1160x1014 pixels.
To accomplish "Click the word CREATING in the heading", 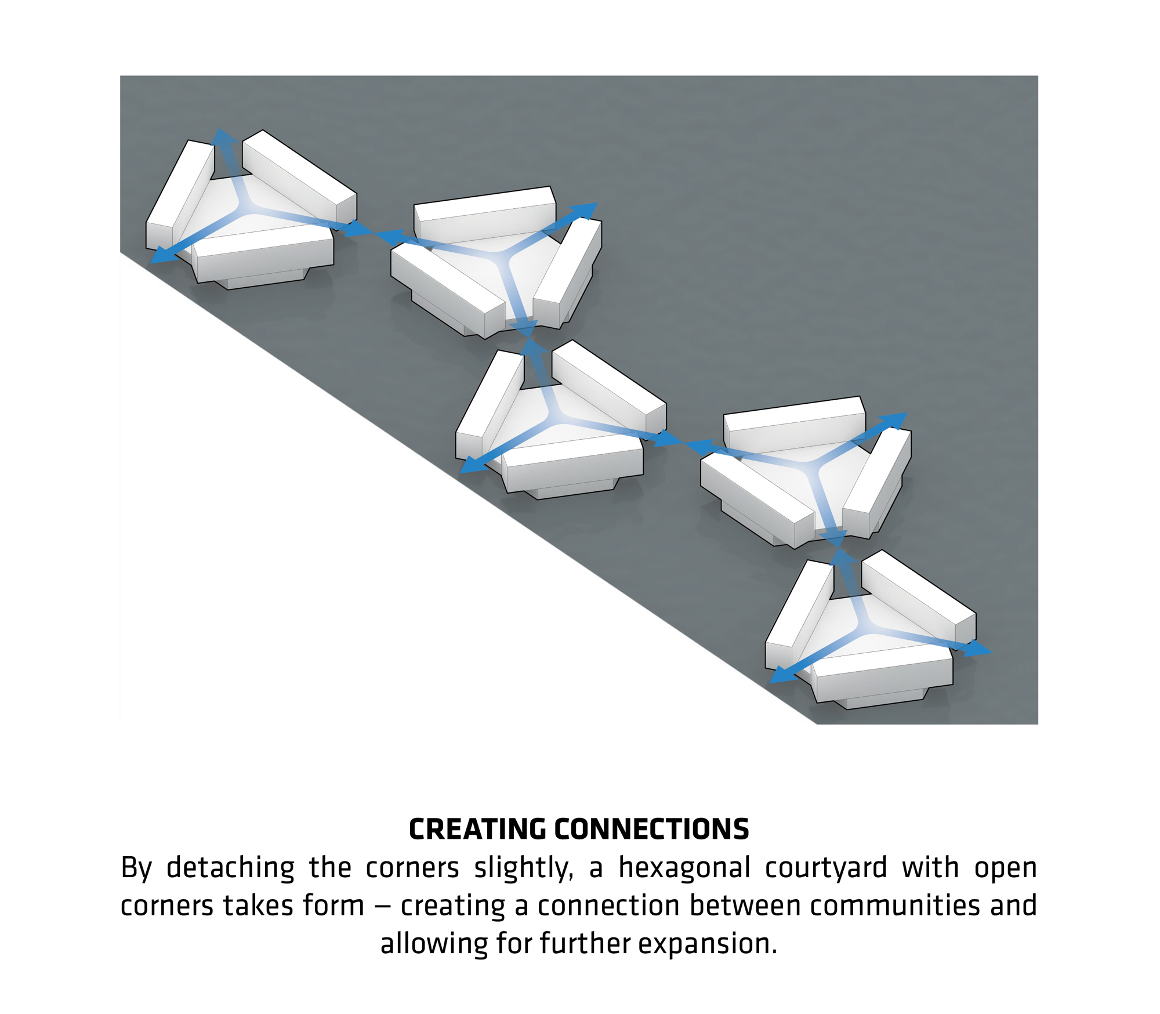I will point(477,829).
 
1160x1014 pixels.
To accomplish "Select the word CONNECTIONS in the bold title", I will point(651,829).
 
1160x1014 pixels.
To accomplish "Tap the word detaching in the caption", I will point(230,868).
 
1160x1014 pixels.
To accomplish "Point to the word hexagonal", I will point(684,868).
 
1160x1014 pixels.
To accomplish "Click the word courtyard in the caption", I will point(825,868).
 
